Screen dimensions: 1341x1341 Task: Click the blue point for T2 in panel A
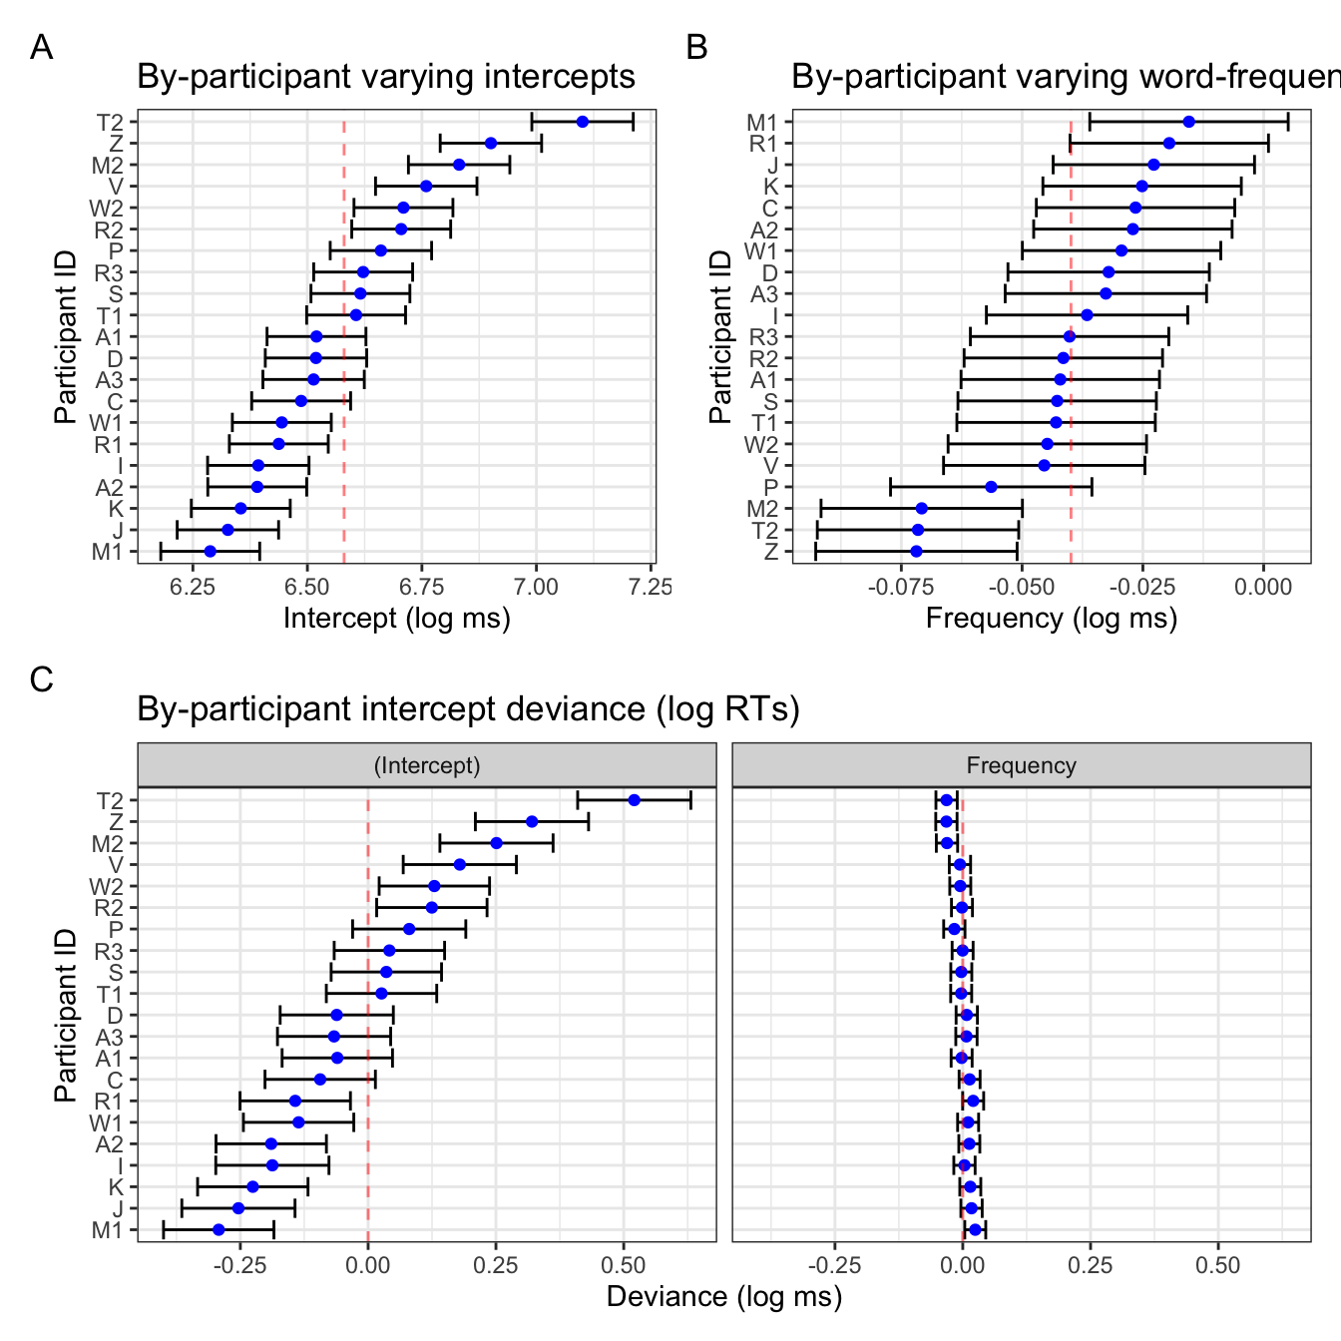(x=583, y=122)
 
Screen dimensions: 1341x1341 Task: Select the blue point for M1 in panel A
(x=210, y=552)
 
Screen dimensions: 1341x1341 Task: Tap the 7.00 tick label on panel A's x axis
(x=536, y=587)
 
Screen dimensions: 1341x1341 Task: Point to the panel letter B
(x=697, y=47)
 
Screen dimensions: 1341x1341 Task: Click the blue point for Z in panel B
(x=916, y=552)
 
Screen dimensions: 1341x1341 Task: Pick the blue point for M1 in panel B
(x=1188, y=122)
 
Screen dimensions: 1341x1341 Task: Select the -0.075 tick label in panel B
(x=901, y=587)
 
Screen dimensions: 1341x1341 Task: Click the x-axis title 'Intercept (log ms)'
(x=396, y=619)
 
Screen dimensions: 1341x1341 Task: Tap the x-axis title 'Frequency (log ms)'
(x=1052, y=619)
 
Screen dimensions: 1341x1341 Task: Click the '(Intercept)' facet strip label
(x=427, y=765)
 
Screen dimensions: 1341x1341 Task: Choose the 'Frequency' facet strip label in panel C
(x=1021, y=765)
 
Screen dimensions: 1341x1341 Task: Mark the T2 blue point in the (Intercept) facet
(x=634, y=800)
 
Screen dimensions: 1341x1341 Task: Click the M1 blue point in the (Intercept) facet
(x=219, y=1230)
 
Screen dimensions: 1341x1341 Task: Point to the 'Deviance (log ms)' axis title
(x=724, y=1297)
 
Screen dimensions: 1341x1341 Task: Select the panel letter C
(x=42, y=679)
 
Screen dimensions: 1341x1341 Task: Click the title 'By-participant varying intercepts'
(x=386, y=77)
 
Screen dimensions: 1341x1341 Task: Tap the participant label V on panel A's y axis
(x=116, y=187)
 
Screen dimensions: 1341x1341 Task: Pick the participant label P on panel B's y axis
(x=770, y=488)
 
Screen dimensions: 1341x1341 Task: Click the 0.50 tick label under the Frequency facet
(x=1217, y=1265)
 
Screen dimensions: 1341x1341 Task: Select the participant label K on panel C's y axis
(x=116, y=1187)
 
